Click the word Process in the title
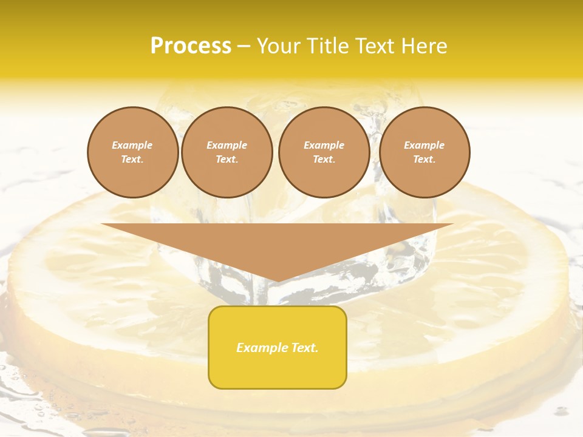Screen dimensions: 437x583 (x=191, y=46)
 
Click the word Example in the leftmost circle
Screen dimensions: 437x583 (x=132, y=145)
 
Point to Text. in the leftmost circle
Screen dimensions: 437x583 (x=132, y=160)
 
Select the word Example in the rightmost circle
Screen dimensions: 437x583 (x=424, y=145)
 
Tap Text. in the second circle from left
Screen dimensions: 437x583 (x=227, y=160)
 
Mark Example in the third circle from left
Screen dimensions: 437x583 (x=324, y=145)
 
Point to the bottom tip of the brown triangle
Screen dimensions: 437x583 (x=277, y=280)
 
